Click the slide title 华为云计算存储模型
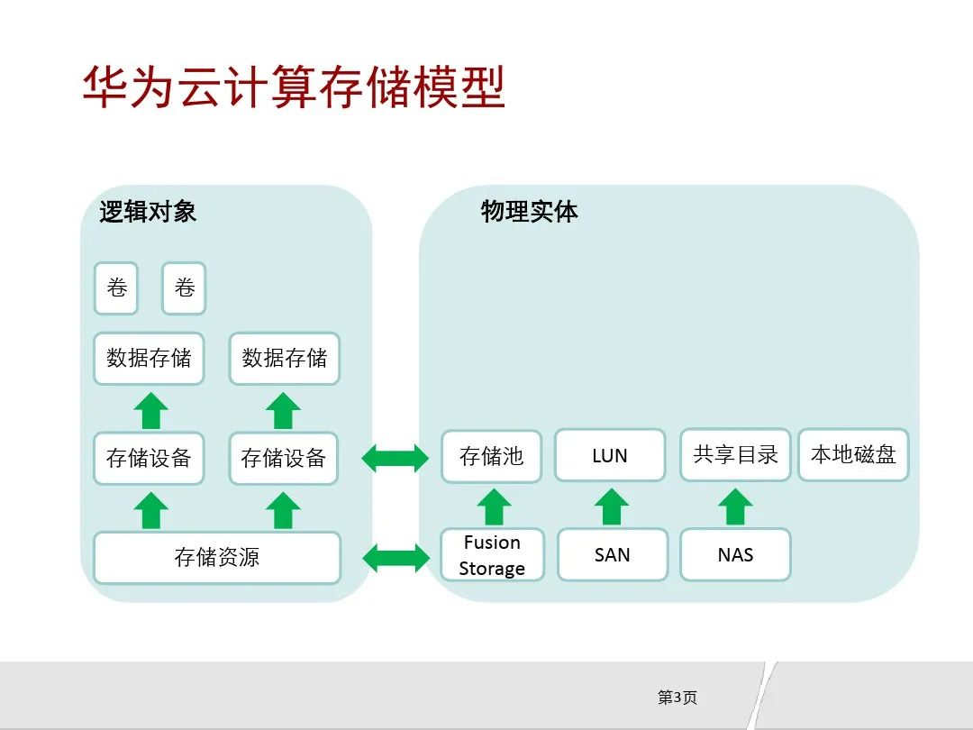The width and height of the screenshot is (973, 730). click(x=294, y=87)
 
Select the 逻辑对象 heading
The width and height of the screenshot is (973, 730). click(x=148, y=212)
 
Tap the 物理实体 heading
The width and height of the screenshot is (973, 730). click(x=529, y=212)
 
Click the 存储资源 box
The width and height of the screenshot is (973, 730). click(x=217, y=557)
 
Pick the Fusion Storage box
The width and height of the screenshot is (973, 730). click(x=492, y=555)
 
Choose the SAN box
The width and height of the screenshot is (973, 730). click(x=613, y=555)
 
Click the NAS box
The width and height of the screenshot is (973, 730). click(x=735, y=555)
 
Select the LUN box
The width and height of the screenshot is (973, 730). click(x=610, y=456)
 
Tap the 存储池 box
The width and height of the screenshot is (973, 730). click(x=491, y=456)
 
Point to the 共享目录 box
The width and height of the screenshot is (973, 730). click(x=735, y=455)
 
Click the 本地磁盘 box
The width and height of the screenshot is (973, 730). click(x=853, y=455)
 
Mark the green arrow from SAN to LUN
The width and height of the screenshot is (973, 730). click(x=612, y=506)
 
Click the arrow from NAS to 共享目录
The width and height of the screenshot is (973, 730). click(x=735, y=506)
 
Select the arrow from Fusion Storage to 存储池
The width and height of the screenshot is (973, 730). click(x=493, y=506)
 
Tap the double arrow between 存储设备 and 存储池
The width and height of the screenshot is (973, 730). click(x=396, y=458)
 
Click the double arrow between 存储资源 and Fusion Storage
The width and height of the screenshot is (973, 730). click(x=396, y=557)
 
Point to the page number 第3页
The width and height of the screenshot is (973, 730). click(x=677, y=698)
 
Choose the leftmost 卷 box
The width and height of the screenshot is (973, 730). click(x=117, y=288)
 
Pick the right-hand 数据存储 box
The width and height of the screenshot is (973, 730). click(x=285, y=358)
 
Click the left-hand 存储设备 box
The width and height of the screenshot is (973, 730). click(x=149, y=458)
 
